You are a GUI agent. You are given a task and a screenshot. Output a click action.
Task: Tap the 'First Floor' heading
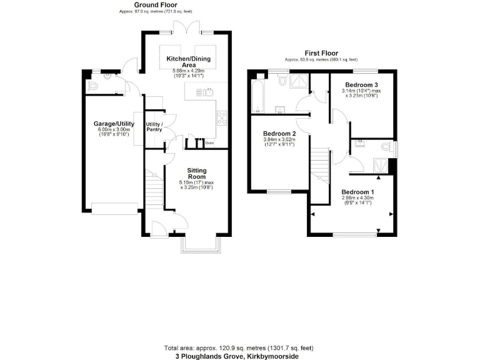point(321,53)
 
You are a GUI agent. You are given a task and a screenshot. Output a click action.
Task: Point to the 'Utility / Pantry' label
point(154,127)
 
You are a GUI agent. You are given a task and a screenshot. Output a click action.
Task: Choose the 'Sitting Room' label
point(197,173)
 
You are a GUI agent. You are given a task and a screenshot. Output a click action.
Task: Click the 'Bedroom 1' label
point(357,192)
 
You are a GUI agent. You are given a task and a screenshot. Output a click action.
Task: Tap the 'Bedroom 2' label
point(279,134)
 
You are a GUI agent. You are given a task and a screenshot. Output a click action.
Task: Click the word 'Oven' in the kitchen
point(210,142)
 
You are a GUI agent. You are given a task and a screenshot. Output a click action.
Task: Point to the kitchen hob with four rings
point(222,116)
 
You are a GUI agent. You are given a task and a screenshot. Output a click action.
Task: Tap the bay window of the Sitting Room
point(199,246)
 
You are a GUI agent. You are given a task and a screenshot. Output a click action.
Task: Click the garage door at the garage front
point(114,209)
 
